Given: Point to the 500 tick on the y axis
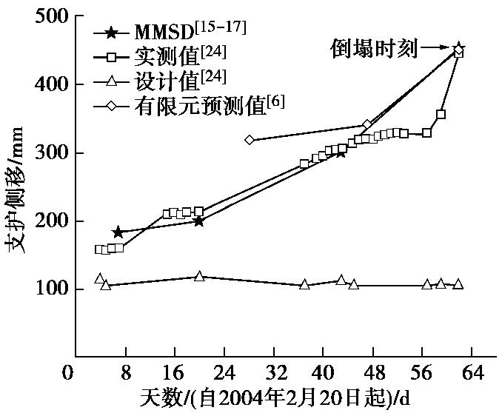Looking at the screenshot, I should (x=50, y=16).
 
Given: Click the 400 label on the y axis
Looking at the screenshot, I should (x=50, y=84).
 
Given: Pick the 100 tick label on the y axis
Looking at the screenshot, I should (x=50, y=289).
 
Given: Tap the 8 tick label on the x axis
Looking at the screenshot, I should (x=126, y=371).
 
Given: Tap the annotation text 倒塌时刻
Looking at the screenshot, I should (x=374, y=50).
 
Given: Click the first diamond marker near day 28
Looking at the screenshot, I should (x=250, y=139).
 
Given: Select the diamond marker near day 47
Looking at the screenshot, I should (x=367, y=124).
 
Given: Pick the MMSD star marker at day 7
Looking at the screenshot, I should (x=118, y=232).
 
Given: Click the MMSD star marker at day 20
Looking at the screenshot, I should (x=199, y=221).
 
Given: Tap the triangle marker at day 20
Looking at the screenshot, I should (x=199, y=276).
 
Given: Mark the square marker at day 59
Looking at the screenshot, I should (x=441, y=115).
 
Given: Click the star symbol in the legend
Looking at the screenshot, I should (x=111, y=33).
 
